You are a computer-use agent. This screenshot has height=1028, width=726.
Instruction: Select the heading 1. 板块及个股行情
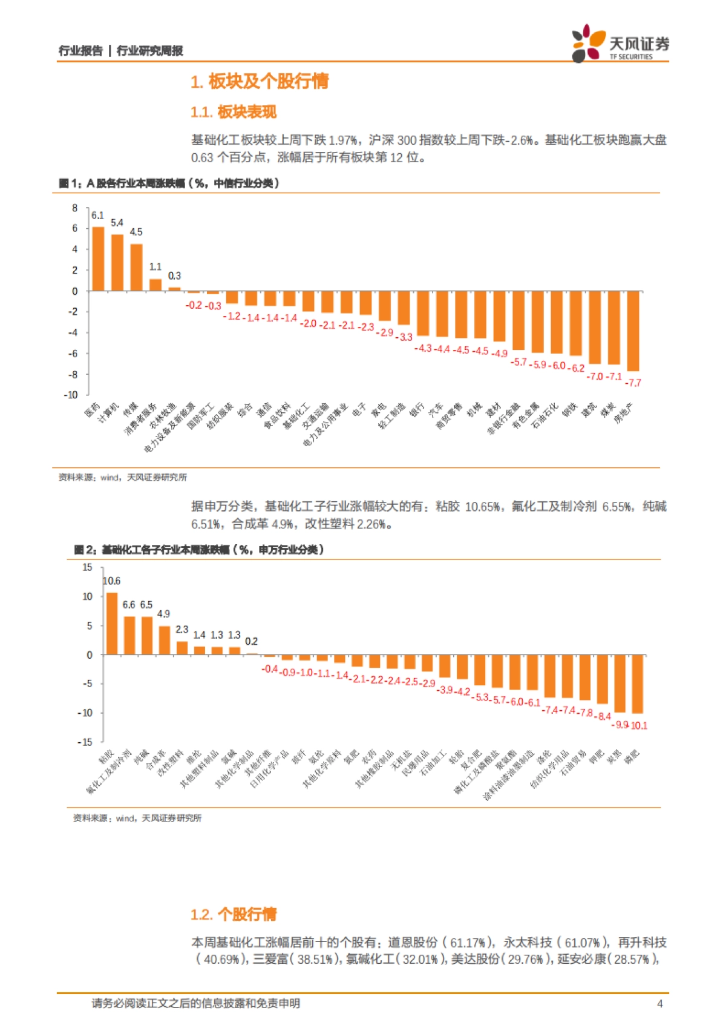[260, 81]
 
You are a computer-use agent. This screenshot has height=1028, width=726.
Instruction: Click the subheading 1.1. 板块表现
[233, 112]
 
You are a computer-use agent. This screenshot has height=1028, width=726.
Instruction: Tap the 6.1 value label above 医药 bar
[97, 216]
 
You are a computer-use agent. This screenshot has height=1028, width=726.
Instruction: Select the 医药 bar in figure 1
[98, 259]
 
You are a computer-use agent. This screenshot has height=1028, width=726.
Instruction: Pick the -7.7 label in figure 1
[633, 383]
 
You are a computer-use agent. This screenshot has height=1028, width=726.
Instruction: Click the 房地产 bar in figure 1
[633, 331]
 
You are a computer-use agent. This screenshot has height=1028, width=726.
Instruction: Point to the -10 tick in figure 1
[71, 395]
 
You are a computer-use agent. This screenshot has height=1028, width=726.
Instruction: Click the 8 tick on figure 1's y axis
[75, 208]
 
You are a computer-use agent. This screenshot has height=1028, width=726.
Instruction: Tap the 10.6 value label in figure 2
[112, 581]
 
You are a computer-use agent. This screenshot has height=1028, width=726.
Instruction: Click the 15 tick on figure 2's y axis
[87, 567]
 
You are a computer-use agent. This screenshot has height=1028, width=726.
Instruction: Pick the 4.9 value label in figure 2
[163, 614]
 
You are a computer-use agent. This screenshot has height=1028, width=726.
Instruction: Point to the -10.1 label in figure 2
[639, 725]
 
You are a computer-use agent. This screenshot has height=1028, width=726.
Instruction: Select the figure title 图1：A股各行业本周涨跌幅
[169, 183]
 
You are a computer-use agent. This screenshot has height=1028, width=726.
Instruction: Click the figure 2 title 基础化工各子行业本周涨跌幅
[199, 550]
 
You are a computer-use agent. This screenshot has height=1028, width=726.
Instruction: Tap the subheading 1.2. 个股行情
[233, 914]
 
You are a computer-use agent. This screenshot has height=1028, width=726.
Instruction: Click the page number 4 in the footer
[659, 1003]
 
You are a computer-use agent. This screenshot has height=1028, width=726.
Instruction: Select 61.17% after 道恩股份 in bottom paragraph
[467, 943]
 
